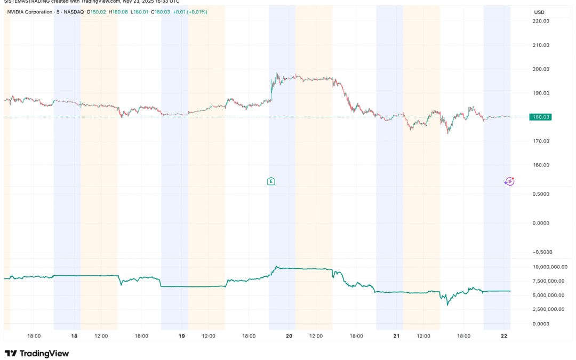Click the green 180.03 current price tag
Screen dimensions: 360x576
pos(540,117)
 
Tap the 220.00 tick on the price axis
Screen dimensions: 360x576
pos(541,21)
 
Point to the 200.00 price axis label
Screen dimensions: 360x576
pos(541,69)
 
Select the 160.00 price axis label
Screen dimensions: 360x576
pos(541,165)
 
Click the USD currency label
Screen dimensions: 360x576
pos(539,12)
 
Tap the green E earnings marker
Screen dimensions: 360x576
pos(271,181)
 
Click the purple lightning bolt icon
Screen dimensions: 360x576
pos(509,181)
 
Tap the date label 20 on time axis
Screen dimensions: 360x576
pos(289,336)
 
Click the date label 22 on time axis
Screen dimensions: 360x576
pos(504,336)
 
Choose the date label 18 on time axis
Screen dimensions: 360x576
pos(74,336)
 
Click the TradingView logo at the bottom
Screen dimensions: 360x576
pos(37,353)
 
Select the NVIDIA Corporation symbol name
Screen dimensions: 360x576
pos(29,12)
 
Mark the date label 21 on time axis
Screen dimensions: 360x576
pos(396,336)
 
